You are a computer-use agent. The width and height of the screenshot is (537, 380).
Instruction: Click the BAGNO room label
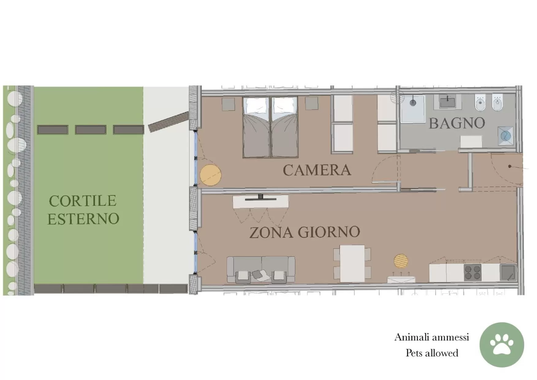pos(457,123)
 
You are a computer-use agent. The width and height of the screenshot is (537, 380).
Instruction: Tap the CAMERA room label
pos(317,170)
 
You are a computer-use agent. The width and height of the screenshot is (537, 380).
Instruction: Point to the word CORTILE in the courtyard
pos(83,201)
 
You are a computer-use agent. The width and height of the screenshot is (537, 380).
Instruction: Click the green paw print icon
pos(501,345)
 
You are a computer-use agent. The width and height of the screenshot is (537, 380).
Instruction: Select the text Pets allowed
pos(432,353)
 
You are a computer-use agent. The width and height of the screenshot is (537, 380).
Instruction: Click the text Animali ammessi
pos(432,337)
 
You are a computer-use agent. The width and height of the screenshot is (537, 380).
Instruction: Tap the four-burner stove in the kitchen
pos(472,272)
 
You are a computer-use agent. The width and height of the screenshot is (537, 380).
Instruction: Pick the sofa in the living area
pos(261,269)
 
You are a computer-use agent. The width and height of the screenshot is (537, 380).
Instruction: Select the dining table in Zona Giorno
pos(352,263)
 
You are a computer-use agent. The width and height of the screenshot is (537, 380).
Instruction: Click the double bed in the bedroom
pos(270,127)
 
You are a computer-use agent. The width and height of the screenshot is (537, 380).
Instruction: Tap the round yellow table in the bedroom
pos(210,175)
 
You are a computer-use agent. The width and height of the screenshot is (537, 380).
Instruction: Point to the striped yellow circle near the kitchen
pos(401,261)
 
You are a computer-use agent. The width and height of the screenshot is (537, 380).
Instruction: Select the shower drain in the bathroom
pos(413,103)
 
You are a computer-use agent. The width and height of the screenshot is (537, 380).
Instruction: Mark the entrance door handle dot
pos(510,166)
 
